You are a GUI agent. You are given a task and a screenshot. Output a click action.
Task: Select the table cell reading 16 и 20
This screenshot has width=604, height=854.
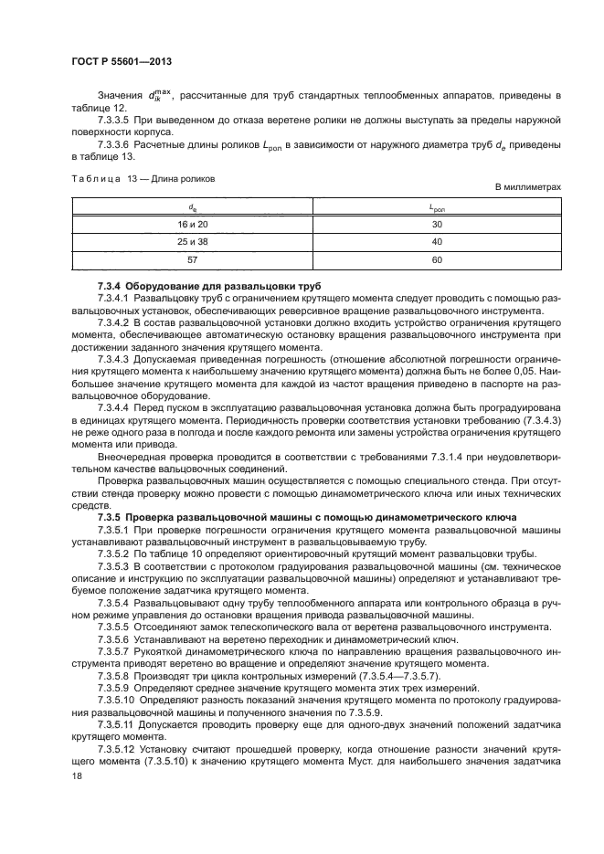click(193, 224)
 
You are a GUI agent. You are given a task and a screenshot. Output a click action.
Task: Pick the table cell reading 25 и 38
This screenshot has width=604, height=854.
click(193, 242)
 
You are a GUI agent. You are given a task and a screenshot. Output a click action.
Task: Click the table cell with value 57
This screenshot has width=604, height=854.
click(193, 260)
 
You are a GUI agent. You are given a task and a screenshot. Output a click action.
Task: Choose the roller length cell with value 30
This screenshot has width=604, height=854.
click(437, 224)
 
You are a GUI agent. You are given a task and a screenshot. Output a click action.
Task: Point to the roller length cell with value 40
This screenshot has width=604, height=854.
click(437, 242)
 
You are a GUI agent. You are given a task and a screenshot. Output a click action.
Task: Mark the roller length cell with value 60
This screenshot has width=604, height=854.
click(437, 260)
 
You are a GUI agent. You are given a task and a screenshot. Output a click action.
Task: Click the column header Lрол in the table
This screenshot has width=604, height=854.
click(437, 207)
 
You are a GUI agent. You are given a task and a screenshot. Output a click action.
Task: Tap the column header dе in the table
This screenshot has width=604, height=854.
click(193, 207)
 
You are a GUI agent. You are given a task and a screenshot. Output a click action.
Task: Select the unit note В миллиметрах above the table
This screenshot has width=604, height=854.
click(527, 187)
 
